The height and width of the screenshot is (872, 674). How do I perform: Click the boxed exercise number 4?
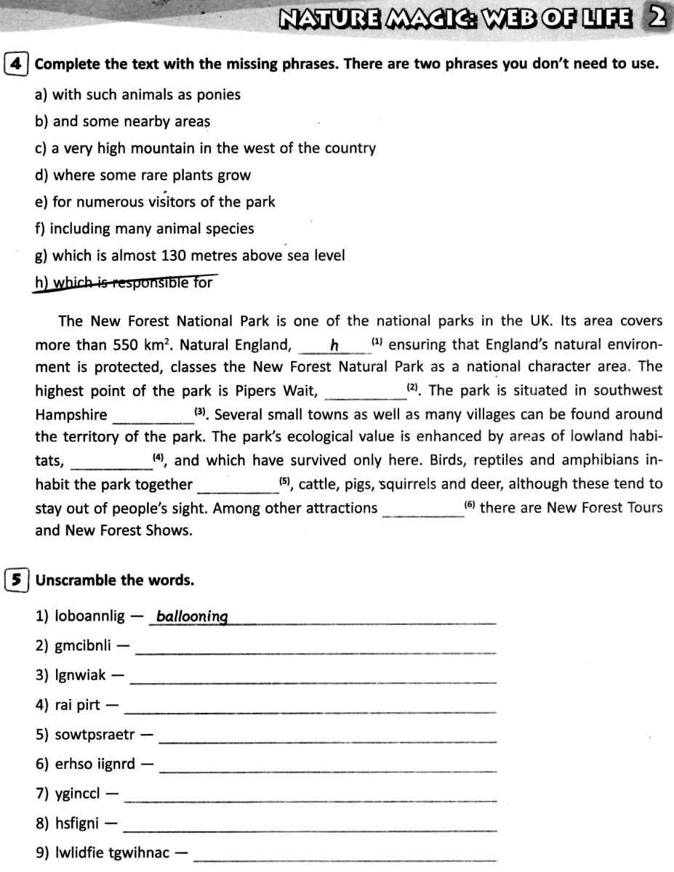click(x=17, y=63)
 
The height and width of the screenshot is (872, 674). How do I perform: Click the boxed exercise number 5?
click(x=17, y=580)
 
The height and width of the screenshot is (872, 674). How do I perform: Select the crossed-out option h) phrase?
click(x=124, y=283)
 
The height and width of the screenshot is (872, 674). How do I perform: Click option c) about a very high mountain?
click(x=205, y=148)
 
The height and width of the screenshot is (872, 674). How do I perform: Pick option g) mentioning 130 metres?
click(x=189, y=256)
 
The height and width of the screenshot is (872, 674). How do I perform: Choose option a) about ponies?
click(x=137, y=94)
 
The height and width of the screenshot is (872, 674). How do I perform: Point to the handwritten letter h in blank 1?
click(x=334, y=345)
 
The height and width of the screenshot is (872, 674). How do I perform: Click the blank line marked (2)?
click(x=366, y=392)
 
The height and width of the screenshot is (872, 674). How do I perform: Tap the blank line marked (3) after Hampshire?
click(x=153, y=416)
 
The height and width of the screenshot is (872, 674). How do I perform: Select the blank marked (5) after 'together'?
click(x=238, y=486)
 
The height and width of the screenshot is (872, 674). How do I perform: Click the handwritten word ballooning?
click(x=192, y=617)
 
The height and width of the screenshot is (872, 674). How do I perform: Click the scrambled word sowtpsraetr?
click(x=95, y=735)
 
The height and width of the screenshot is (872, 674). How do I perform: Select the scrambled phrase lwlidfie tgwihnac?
click(x=113, y=853)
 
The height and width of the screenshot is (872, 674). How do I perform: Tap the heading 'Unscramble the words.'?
click(x=115, y=580)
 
